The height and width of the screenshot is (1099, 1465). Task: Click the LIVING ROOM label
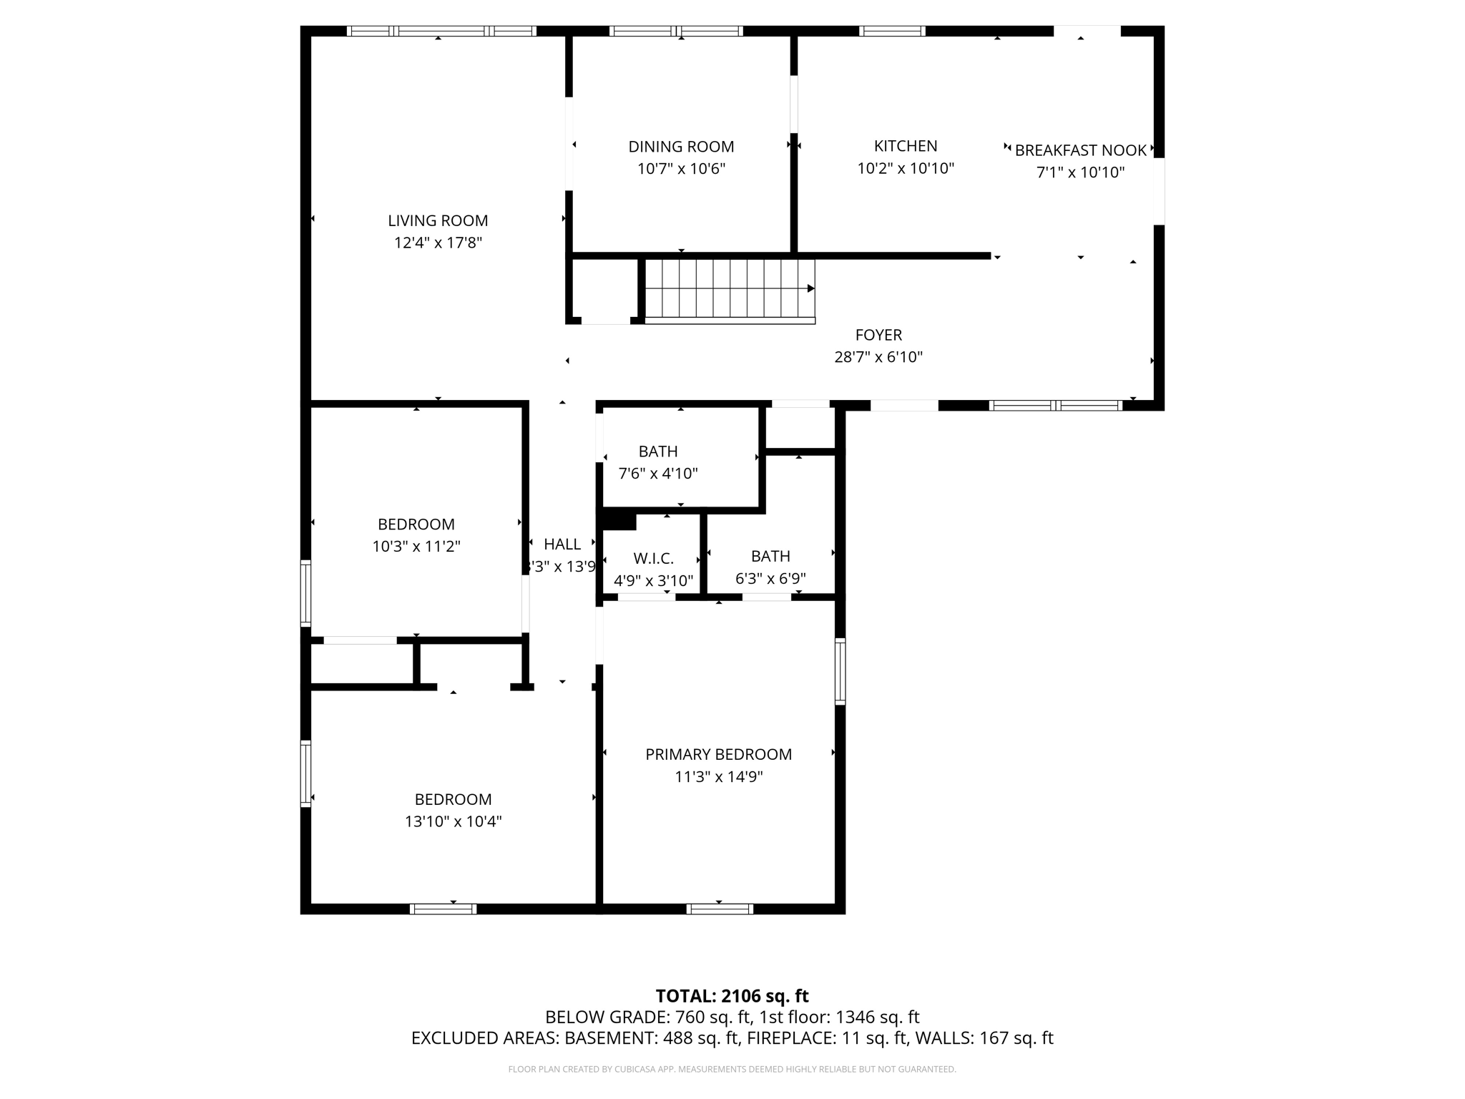pyautogui.click(x=438, y=220)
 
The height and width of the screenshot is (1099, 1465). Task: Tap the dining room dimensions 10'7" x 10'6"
pyautogui.click(x=681, y=169)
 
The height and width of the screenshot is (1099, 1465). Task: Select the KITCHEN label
pyautogui.click(x=905, y=146)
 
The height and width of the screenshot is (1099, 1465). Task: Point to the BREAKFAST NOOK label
pyautogui.click(x=1080, y=150)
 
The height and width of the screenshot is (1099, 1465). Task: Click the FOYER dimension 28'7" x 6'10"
pyautogui.click(x=878, y=357)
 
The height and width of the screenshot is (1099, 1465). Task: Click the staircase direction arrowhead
pyautogui.click(x=811, y=288)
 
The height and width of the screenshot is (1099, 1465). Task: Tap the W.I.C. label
pyautogui.click(x=653, y=559)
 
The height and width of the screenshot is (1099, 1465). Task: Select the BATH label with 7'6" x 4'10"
pyautogui.click(x=658, y=451)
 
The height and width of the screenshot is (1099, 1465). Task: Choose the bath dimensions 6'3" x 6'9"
pyautogui.click(x=770, y=578)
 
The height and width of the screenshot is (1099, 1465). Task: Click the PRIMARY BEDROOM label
pyautogui.click(x=718, y=754)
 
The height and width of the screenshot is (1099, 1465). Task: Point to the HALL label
pyautogui.click(x=562, y=544)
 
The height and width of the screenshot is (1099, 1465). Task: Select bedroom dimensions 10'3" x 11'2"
pyautogui.click(x=416, y=547)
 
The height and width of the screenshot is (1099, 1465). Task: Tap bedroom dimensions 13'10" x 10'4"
pyautogui.click(x=453, y=821)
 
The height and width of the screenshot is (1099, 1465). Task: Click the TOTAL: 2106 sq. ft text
pyautogui.click(x=732, y=996)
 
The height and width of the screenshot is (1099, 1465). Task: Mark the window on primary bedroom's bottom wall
pyautogui.click(x=720, y=909)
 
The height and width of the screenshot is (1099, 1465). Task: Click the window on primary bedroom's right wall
pyautogui.click(x=841, y=671)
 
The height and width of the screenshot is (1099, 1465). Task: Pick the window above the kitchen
pyautogui.click(x=891, y=31)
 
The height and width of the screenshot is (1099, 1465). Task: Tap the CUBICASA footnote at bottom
pyautogui.click(x=732, y=1070)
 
